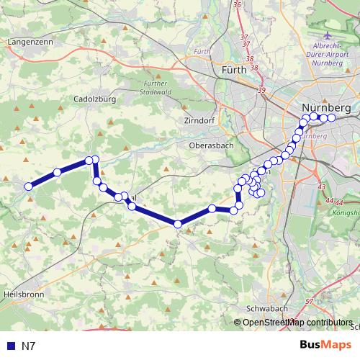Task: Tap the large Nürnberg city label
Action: [325, 107]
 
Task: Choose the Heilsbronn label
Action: [24, 294]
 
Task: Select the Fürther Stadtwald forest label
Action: [151, 88]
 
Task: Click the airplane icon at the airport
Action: [328, 35]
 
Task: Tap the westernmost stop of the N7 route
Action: [30, 186]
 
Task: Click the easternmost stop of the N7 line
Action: [331, 117]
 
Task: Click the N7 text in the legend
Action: [29, 346]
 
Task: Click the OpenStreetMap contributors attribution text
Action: [297, 323]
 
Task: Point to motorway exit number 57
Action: [309, 301]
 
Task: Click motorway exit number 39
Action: [261, 89]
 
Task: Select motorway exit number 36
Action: [238, 5]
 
